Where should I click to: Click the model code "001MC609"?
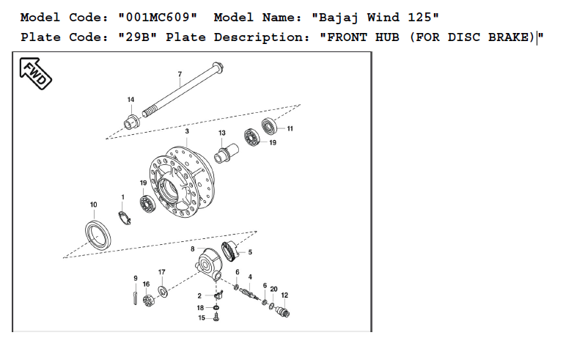(x=158, y=16)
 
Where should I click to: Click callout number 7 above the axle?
(x=179, y=74)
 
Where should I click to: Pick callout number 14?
(x=130, y=100)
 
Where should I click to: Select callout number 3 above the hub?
(x=187, y=131)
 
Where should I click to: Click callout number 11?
(x=290, y=129)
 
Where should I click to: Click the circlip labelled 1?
(x=125, y=218)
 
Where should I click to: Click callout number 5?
(x=250, y=252)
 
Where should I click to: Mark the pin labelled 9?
(x=136, y=295)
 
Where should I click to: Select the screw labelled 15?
(x=218, y=318)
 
